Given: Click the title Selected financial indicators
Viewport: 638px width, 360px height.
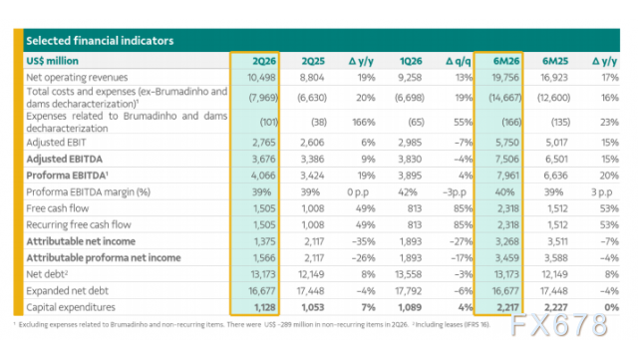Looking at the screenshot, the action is tap(100, 41).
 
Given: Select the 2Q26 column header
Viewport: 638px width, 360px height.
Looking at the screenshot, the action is tap(264, 61).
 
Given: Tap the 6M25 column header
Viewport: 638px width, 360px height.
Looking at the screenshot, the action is tap(555, 61).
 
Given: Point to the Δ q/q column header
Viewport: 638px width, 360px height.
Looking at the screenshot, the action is tap(459, 61).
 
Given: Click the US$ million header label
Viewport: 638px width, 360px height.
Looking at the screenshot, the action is tap(52, 61).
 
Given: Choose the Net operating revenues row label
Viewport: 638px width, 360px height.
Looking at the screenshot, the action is tap(77, 78).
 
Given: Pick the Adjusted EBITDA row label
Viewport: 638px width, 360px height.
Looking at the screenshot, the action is tap(64, 160).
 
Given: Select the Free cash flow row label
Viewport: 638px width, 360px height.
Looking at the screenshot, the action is tap(58, 208).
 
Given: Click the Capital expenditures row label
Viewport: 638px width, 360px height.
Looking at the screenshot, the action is tap(71, 307).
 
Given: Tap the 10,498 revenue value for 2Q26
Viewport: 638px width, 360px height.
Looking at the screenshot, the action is tap(261, 78).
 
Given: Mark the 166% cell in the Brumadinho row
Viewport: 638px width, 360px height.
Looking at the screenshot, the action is tap(363, 123).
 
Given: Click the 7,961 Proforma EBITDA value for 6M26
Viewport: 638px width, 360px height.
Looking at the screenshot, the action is tap(507, 176).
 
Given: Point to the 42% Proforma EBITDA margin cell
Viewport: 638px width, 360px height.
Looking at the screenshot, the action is tap(408, 192).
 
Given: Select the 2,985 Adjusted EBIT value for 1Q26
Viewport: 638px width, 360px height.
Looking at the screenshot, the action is tap(410, 143).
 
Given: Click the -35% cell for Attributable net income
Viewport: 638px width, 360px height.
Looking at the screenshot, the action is tap(363, 241).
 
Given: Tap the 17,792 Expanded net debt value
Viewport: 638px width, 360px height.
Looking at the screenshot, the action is tap(408, 291).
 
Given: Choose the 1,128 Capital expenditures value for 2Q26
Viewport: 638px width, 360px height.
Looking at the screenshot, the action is tap(265, 307).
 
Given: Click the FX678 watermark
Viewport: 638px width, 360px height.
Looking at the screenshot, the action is tap(559, 325).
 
